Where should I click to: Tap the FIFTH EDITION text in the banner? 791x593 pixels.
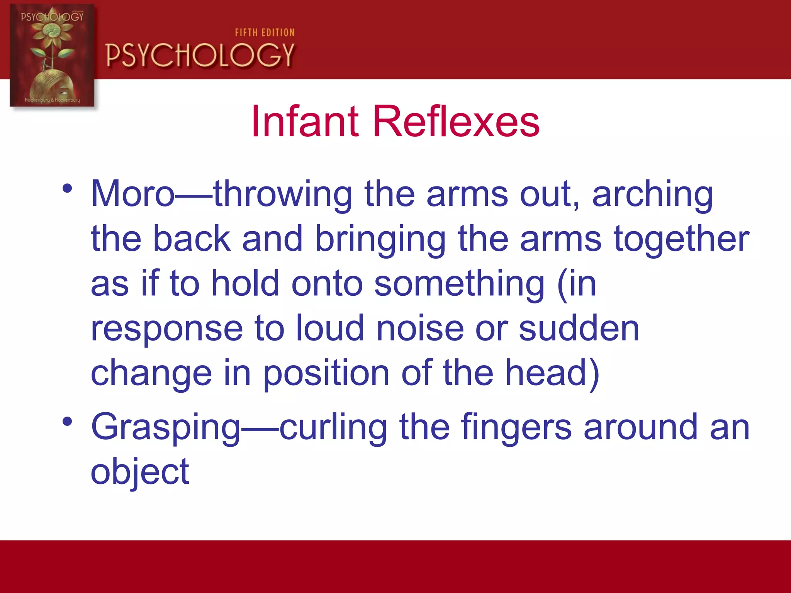click(265, 33)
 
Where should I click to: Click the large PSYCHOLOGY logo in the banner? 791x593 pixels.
click(200, 55)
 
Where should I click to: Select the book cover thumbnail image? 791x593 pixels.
click(52, 56)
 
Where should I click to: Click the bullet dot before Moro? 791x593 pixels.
click(67, 189)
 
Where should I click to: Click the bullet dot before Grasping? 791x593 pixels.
click(67, 422)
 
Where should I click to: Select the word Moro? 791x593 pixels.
click(133, 194)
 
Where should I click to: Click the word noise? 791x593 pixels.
click(420, 329)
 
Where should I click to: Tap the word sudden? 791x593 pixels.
click(579, 329)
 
